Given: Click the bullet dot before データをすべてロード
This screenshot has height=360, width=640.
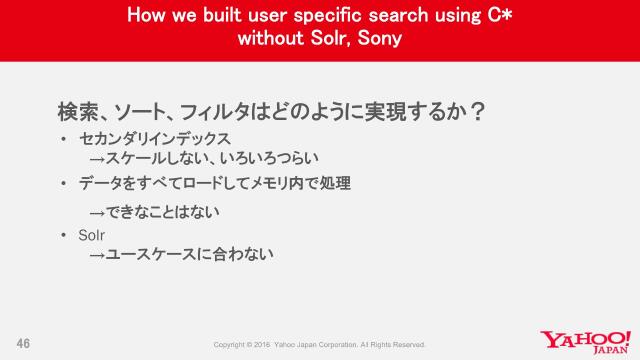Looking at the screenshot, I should click(63, 184).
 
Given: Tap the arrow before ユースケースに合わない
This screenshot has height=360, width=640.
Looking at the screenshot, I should click(97, 255).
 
